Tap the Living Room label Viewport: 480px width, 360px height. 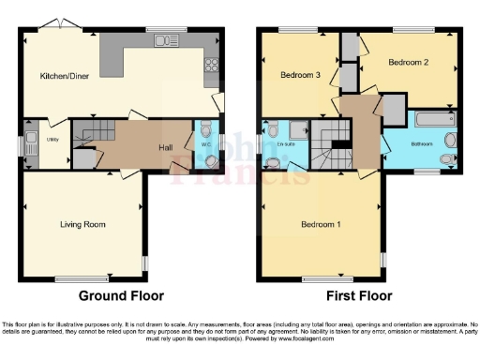[82, 224]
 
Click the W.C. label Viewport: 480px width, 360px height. [206, 145]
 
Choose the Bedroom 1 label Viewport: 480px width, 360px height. [321, 224]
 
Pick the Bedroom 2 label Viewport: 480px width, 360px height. [408, 63]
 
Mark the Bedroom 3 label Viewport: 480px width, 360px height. [299, 74]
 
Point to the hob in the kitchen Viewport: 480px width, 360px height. [211, 67]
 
